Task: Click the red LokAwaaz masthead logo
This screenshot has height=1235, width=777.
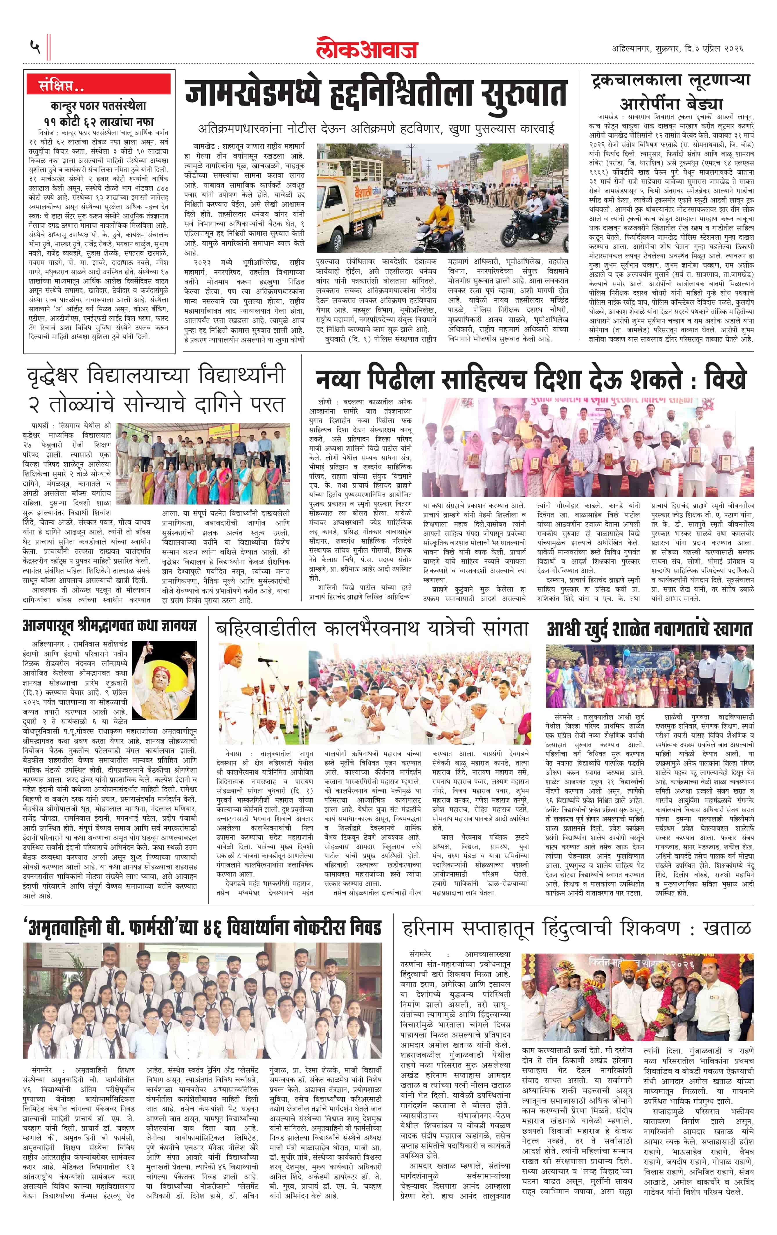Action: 367,49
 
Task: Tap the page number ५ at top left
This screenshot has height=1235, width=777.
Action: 35,48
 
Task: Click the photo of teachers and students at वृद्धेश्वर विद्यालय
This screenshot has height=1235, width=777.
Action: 203,465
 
